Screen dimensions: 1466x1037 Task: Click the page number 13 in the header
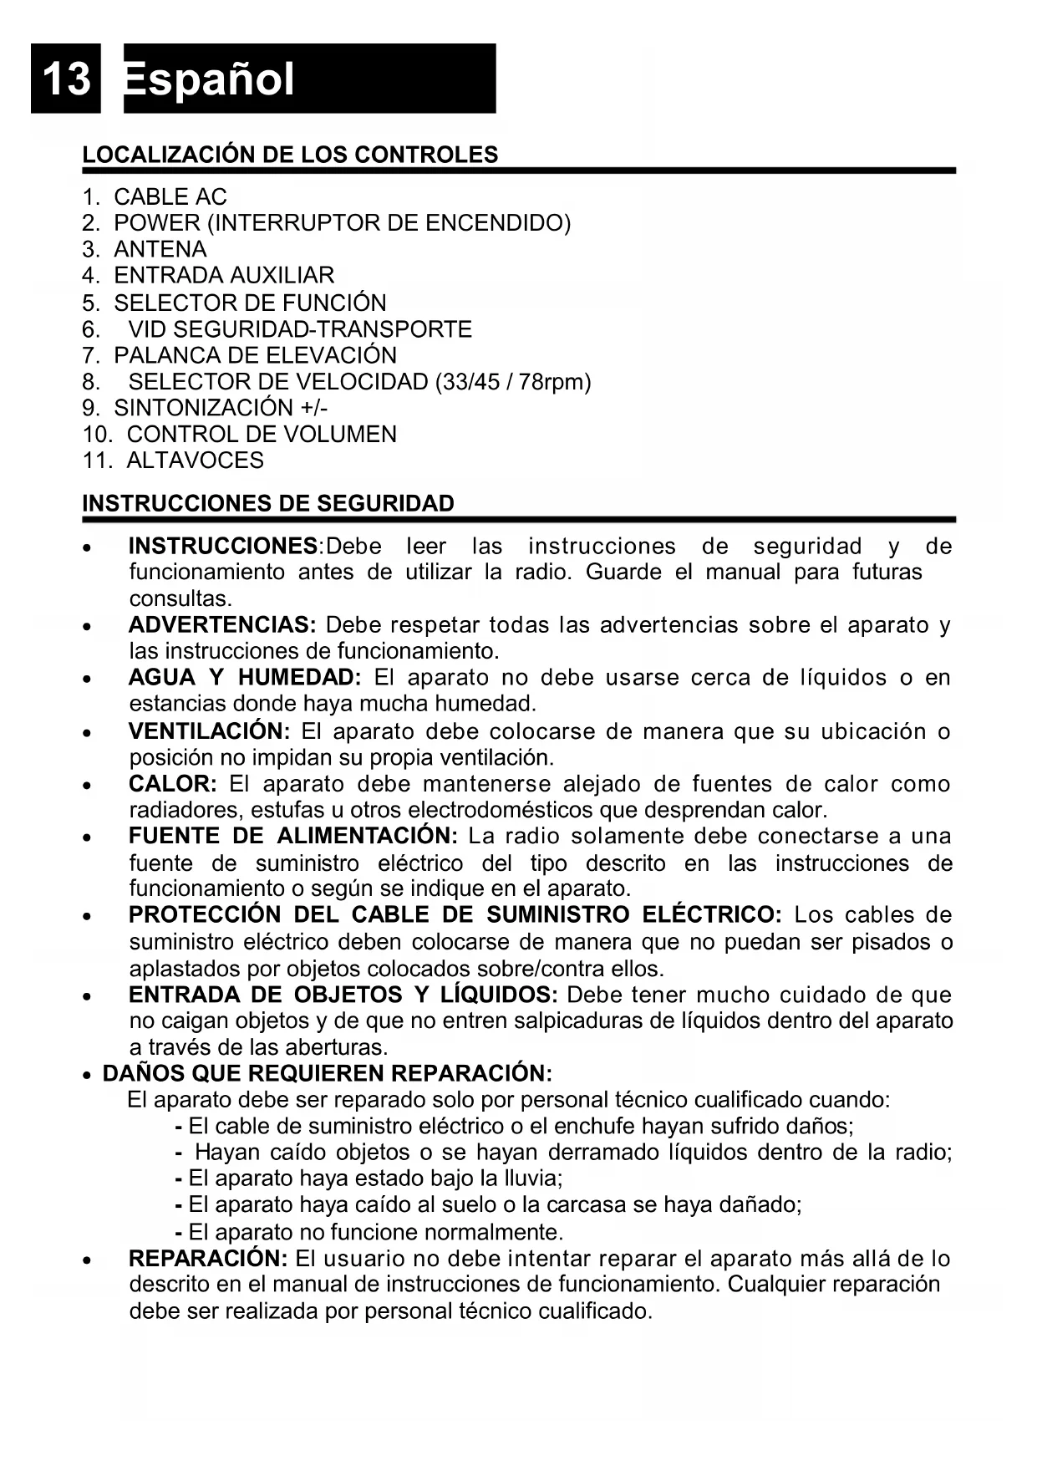tap(65, 79)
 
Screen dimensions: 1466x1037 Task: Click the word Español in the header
tap(209, 79)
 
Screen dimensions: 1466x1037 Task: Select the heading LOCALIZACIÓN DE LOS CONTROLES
tap(290, 155)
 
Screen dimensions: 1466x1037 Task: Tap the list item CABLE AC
tap(170, 197)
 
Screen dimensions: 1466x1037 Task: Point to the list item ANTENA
tap(160, 249)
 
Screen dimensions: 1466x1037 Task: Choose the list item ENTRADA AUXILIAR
tap(224, 275)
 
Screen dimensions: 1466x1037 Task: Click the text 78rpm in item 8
tap(554, 382)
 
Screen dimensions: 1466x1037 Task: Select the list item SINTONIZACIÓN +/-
tap(221, 408)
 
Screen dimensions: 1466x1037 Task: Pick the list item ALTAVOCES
tap(195, 461)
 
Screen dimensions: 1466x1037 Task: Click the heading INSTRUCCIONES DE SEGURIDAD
tap(268, 504)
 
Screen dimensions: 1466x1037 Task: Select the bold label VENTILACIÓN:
tap(209, 731)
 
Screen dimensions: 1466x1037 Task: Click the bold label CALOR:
tap(172, 784)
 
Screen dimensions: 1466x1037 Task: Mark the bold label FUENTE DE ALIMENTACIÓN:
tap(292, 837)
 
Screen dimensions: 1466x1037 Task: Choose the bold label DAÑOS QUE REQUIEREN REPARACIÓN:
tap(327, 1073)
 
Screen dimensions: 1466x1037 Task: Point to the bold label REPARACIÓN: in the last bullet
tap(208, 1259)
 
